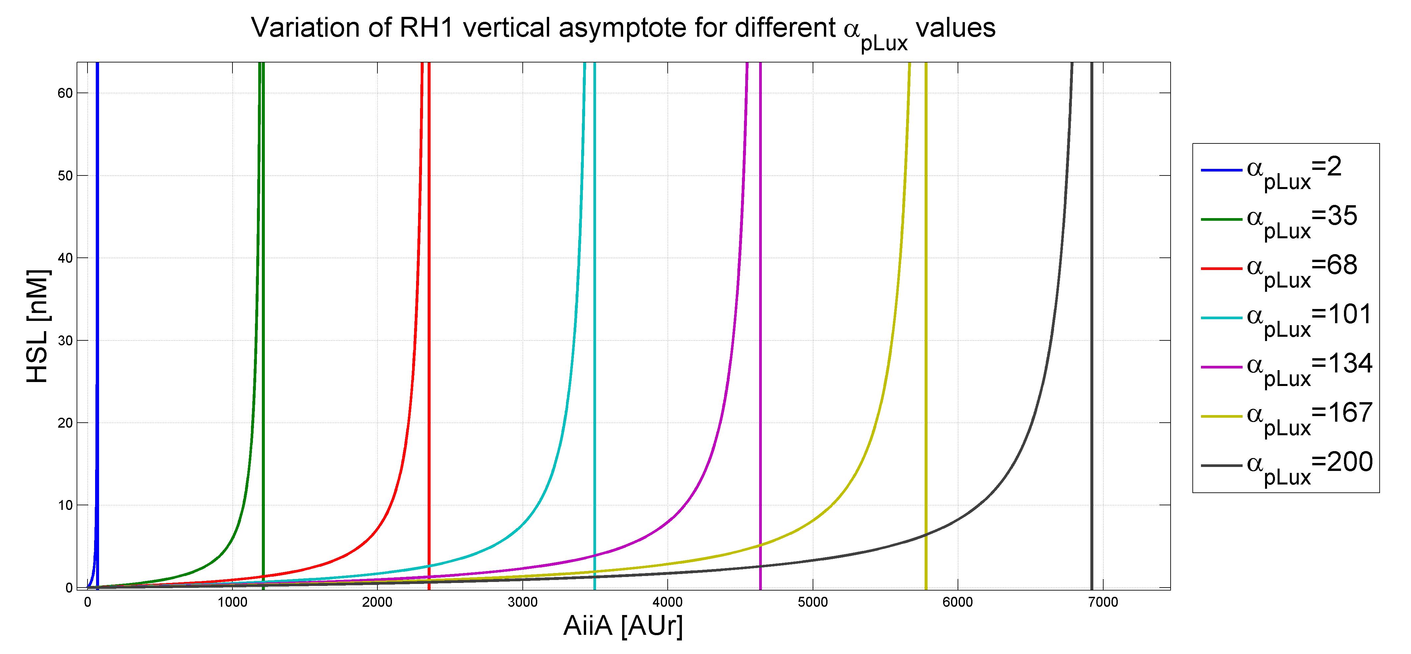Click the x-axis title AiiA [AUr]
click(x=623, y=626)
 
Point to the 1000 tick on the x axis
click(x=232, y=602)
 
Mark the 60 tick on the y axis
click(x=65, y=93)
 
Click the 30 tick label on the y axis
click(x=65, y=340)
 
